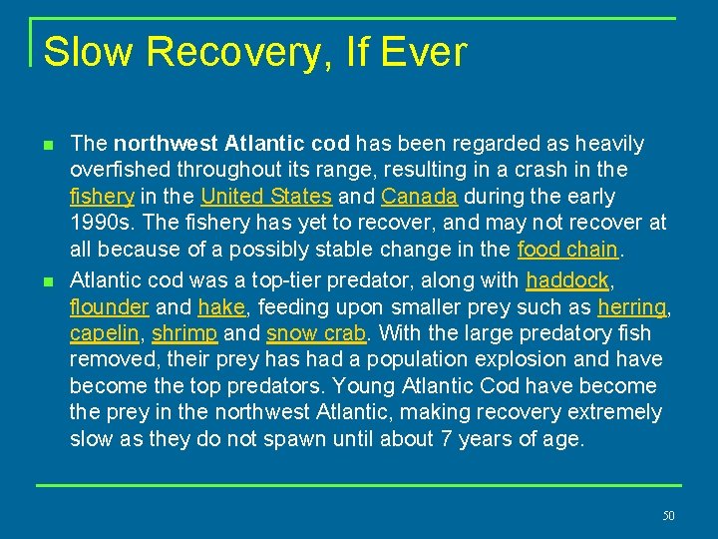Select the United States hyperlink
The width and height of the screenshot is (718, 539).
coord(267,197)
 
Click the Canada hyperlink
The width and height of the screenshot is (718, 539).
coord(419,197)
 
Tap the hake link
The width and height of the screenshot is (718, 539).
coord(220,305)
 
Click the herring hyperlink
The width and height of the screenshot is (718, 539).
coord(631,305)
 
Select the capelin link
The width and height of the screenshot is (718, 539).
coord(104,332)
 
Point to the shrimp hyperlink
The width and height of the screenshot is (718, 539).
coord(184,332)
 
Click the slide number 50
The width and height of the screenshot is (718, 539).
coord(668,516)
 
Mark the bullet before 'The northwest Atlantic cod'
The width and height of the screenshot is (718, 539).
coord(48,145)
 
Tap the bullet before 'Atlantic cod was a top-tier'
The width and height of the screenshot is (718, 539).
coord(48,279)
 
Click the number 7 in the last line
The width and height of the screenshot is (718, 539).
coord(445,439)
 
